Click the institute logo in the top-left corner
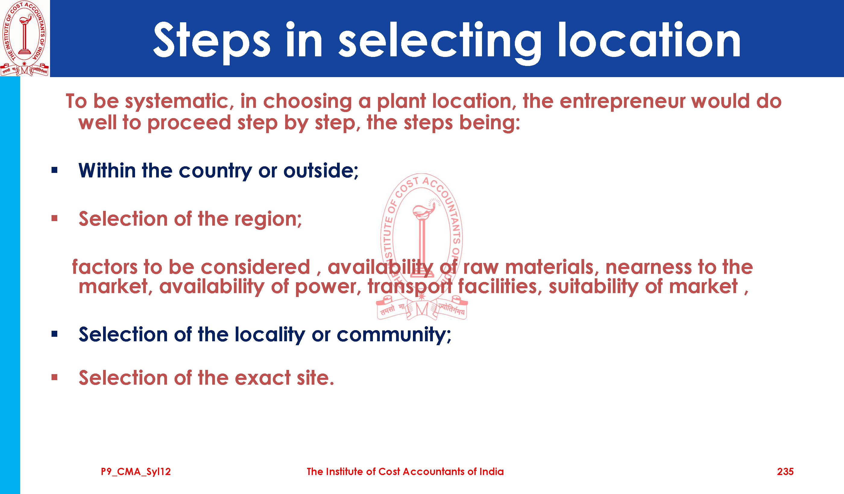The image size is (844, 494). [x=24, y=38]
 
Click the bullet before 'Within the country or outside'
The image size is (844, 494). [x=55, y=170]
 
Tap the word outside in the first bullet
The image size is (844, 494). [x=321, y=171]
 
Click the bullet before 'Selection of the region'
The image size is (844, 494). [x=55, y=218]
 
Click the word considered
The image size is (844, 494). [x=256, y=267]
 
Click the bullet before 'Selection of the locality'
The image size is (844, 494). [x=55, y=334]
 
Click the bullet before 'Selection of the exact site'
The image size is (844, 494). [x=55, y=377]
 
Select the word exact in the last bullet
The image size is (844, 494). [x=263, y=378]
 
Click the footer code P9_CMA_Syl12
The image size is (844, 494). [x=136, y=472]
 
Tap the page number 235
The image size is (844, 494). [x=785, y=472]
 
